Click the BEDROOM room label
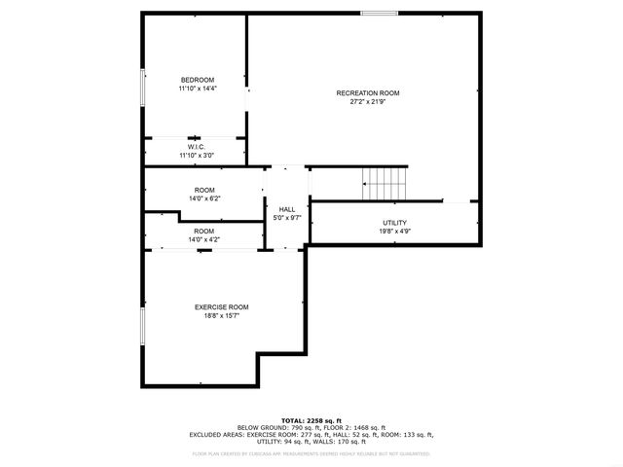(x=197, y=80)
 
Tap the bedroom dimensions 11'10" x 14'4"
(x=197, y=89)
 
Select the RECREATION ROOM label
(x=368, y=93)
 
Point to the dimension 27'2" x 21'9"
(x=368, y=102)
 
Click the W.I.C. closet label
(x=196, y=147)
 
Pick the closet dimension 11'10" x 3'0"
(x=196, y=155)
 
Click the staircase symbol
(x=385, y=181)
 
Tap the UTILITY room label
(x=394, y=223)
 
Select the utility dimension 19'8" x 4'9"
(x=394, y=232)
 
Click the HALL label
(x=287, y=209)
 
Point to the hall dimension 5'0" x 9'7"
(x=287, y=218)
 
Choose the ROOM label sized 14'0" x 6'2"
(x=204, y=190)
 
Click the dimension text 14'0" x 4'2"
(x=204, y=239)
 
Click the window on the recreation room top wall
(x=378, y=13)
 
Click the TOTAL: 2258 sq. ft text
(x=311, y=420)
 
